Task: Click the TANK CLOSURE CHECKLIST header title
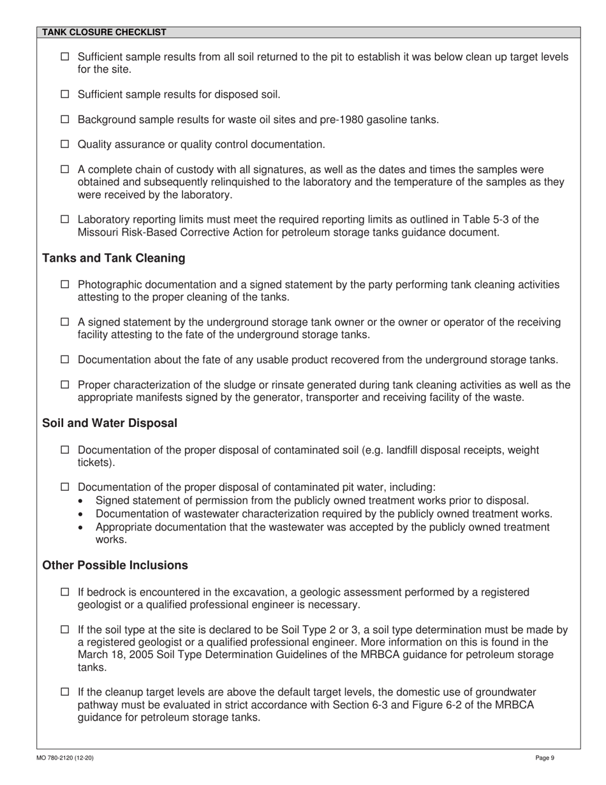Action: [x=104, y=32]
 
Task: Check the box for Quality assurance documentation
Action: [x=64, y=144]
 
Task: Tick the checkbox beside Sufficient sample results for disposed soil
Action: [x=64, y=94]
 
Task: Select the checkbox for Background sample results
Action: [x=64, y=119]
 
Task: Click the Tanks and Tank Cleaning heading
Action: [x=114, y=258]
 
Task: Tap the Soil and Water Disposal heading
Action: [x=110, y=423]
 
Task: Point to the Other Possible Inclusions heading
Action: [x=115, y=565]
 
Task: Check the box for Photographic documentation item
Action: [x=64, y=285]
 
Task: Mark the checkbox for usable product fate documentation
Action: [x=64, y=360]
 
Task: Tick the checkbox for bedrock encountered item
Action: [x=64, y=592]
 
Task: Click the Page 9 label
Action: [x=545, y=758]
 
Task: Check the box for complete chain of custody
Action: [x=64, y=170]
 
